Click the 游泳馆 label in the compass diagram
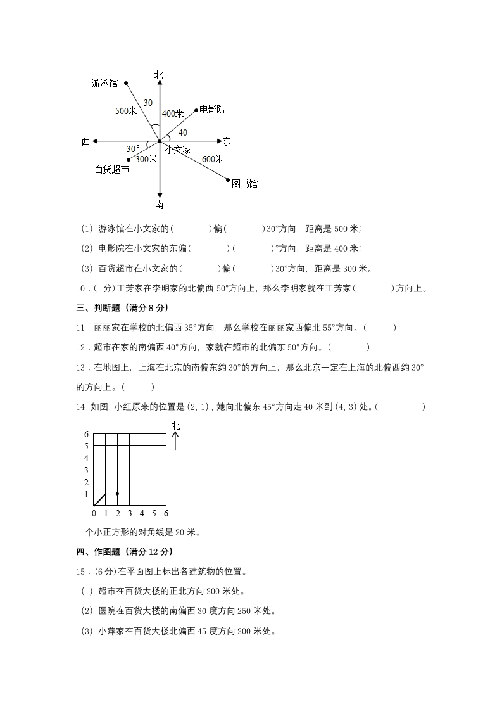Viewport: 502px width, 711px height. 104,83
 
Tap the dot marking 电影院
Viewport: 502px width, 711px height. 196,110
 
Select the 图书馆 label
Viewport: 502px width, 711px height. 244,184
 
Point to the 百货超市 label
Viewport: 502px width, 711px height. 112,169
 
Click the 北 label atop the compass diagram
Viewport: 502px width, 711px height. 158,75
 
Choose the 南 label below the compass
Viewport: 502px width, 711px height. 159,205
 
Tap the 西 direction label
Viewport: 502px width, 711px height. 85,141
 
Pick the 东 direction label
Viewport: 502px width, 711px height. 227,141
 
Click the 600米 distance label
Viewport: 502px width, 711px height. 213,159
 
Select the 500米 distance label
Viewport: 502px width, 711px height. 126,111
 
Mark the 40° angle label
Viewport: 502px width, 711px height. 184,132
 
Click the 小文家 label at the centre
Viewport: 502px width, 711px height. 179,150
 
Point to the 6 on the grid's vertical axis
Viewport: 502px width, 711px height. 87,434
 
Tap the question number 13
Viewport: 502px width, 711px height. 80,367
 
